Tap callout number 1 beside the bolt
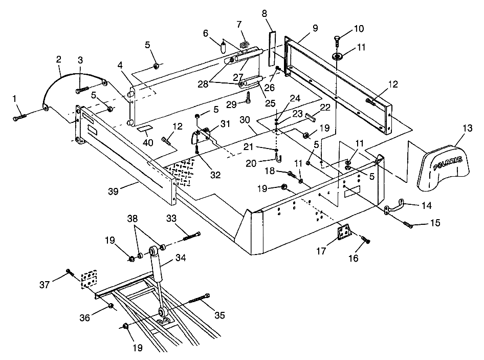tap(15, 97)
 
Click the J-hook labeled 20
tap(277, 154)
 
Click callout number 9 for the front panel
tap(315, 28)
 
